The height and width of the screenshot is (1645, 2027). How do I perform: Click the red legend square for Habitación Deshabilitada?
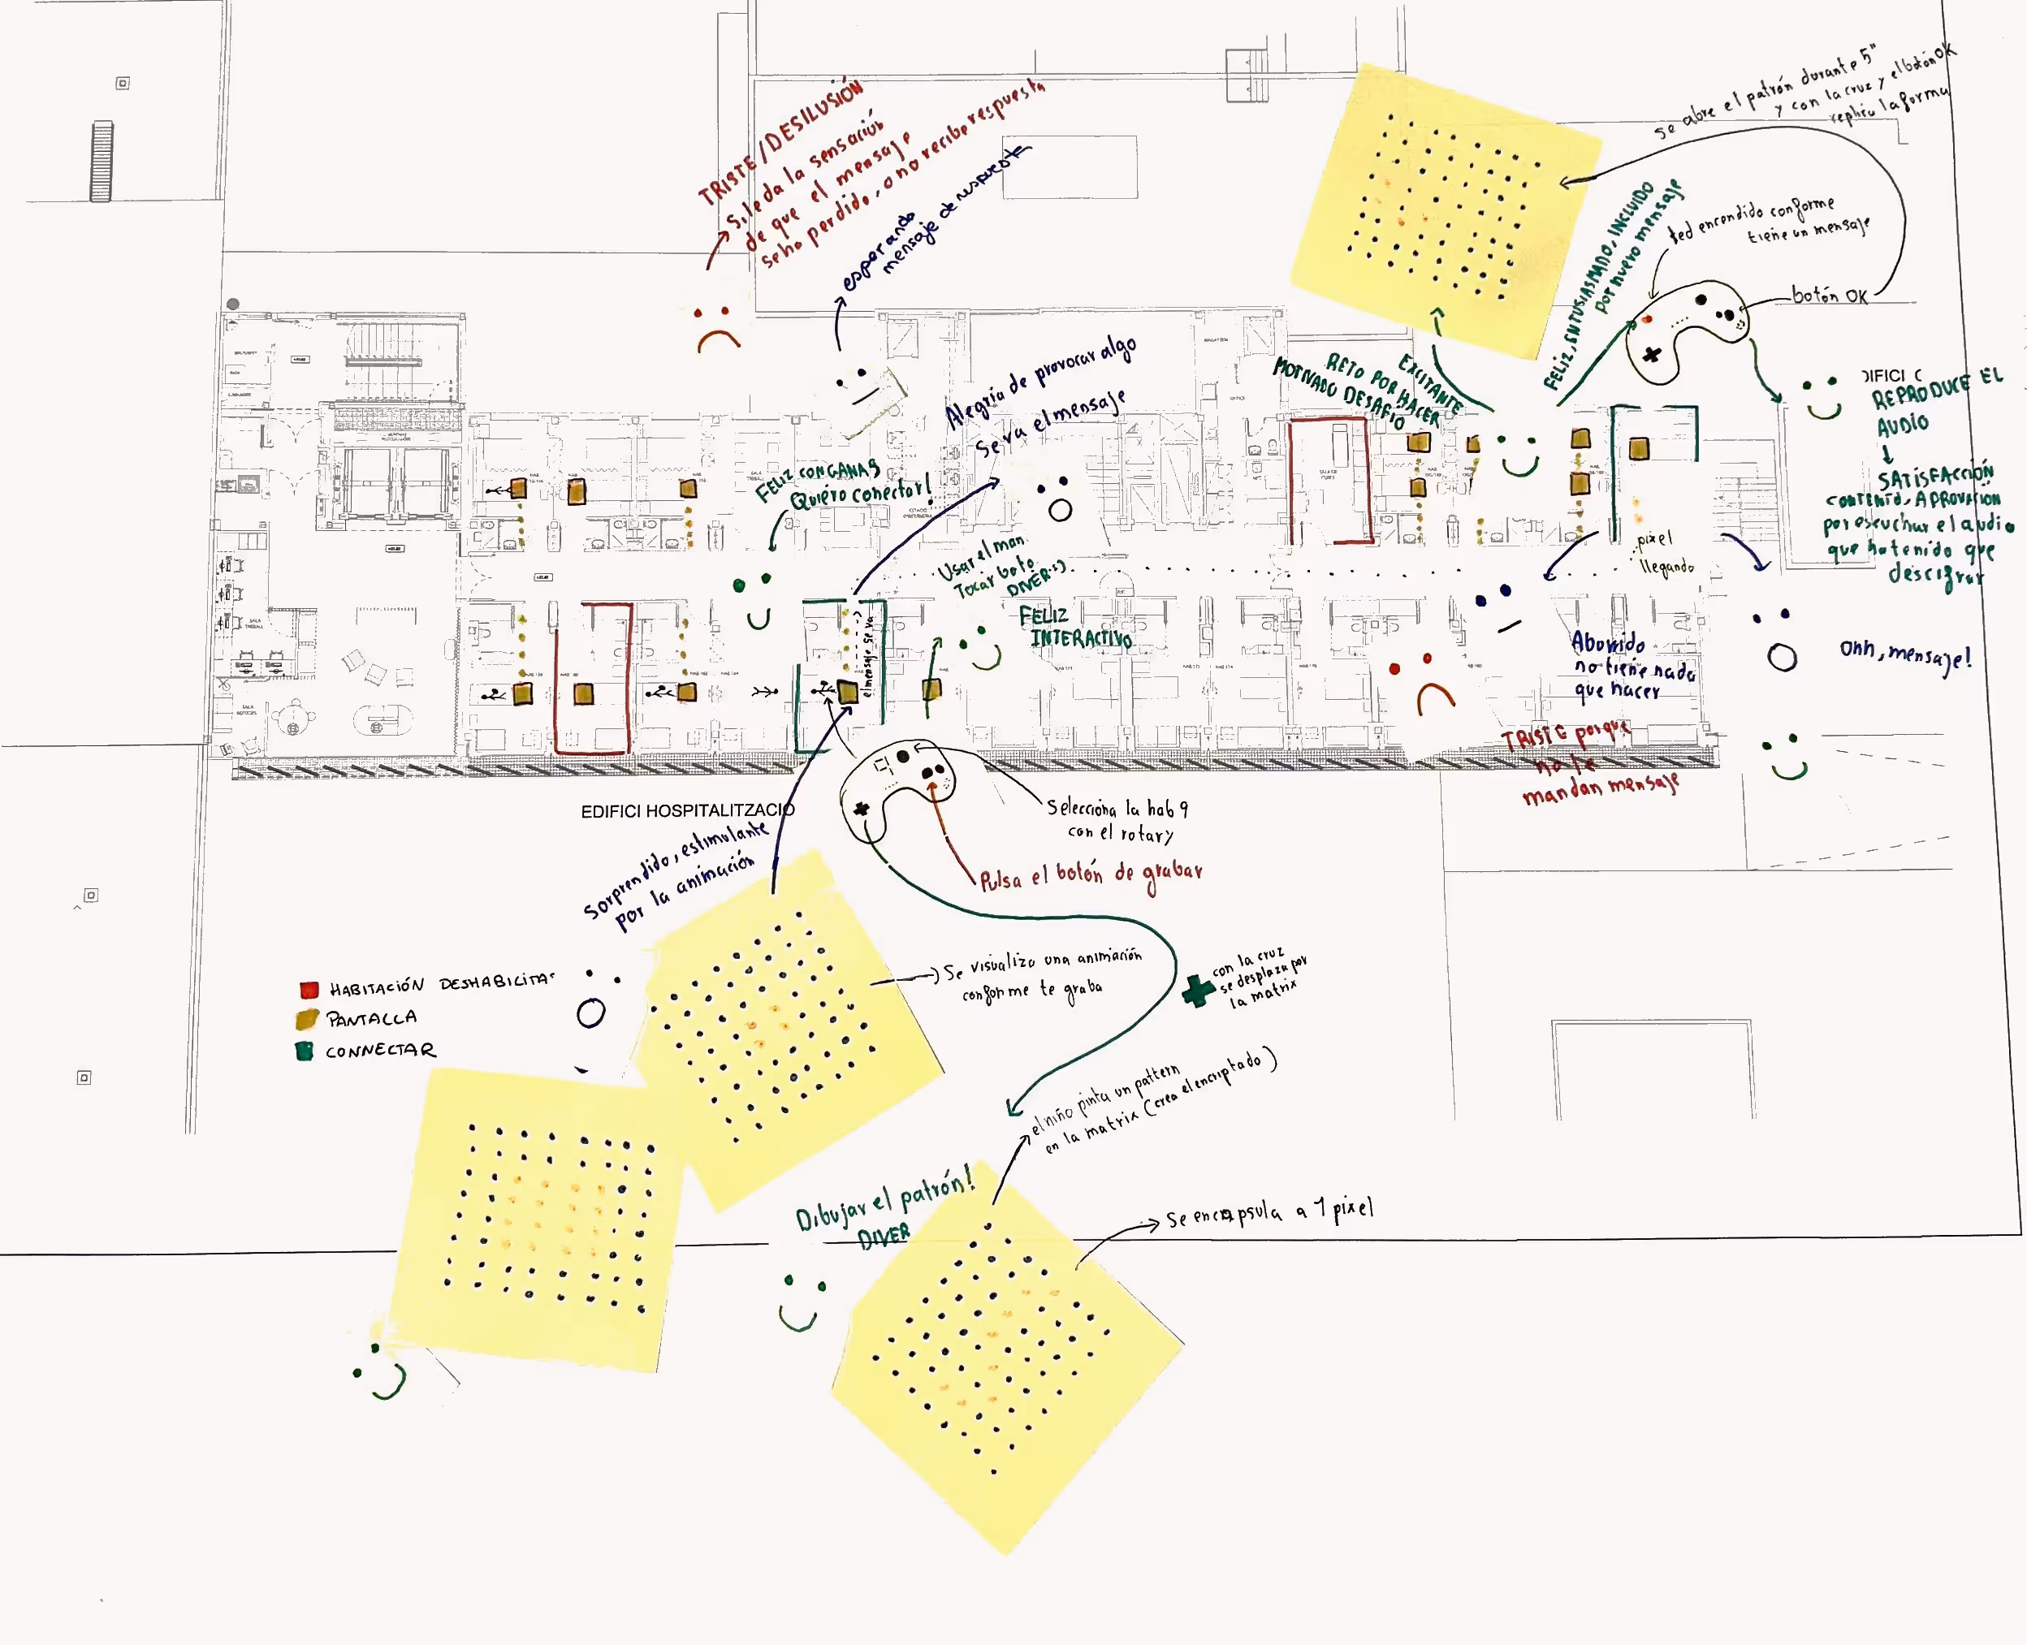[x=308, y=991]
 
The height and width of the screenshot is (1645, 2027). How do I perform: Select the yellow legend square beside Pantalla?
[x=306, y=1020]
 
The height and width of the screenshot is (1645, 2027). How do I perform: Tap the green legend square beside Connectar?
[x=305, y=1051]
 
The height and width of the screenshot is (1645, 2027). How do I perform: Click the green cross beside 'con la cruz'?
[x=1198, y=991]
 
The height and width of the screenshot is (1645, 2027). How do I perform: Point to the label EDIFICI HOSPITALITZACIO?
[x=687, y=810]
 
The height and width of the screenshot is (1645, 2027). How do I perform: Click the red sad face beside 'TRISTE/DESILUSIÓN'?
[x=716, y=328]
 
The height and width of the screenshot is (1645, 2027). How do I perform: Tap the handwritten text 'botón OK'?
[x=1829, y=296]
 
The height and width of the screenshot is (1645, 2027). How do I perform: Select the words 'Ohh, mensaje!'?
[x=1904, y=653]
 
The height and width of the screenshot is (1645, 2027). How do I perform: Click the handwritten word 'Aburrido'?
[x=1608, y=643]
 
